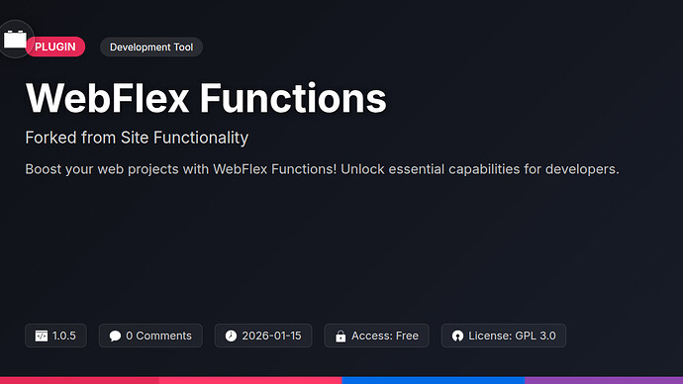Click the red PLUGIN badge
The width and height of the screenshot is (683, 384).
[x=55, y=47]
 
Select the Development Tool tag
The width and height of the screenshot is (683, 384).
[x=151, y=47]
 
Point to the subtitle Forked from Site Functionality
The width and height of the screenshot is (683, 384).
[x=137, y=138]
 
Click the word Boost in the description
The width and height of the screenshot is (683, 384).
[x=46, y=169]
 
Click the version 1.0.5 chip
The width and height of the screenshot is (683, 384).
[x=56, y=336]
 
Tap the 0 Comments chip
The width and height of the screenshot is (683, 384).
[x=151, y=336]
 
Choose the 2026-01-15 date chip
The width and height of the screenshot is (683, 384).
[x=263, y=336]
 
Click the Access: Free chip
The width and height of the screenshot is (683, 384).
[x=377, y=336]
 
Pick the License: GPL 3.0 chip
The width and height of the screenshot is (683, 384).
[x=504, y=336]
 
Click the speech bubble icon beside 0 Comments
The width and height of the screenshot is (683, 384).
[x=116, y=336]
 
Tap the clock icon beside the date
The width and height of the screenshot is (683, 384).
[x=231, y=336]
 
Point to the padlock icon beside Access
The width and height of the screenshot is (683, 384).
[x=341, y=336]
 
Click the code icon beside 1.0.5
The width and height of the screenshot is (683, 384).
[x=42, y=336]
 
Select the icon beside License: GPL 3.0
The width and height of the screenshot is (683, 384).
[x=457, y=336]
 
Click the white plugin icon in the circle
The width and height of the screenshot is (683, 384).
[x=15, y=39]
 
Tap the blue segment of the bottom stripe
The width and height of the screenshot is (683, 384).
[x=433, y=379]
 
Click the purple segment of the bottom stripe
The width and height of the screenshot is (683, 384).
[x=603, y=379]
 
